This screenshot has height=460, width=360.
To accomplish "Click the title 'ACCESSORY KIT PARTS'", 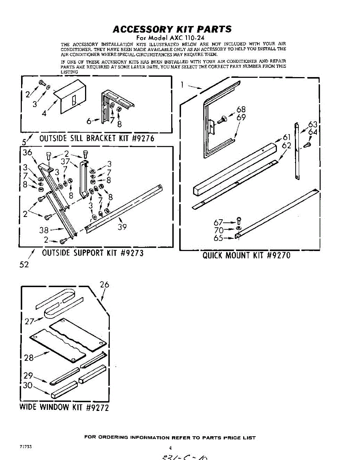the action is (x=172, y=29).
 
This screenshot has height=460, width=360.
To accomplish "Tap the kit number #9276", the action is (x=143, y=138).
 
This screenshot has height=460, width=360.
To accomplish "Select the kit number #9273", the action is (x=132, y=253).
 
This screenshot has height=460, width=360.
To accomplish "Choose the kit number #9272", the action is (x=97, y=407).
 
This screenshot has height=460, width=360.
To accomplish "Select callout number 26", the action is (x=104, y=284).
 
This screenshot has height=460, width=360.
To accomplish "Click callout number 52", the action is (x=24, y=264).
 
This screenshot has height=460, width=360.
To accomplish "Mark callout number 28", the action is (x=29, y=358).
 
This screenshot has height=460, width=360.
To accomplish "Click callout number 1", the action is (x=183, y=84).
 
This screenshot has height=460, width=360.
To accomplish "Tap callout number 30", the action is (x=28, y=385).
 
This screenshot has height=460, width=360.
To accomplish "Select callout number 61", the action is (x=287, y=138).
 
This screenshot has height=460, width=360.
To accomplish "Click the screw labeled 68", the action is (x=222, y=120).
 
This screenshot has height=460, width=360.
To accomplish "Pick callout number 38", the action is (x=44, y=230).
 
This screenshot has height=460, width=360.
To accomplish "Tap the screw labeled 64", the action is (x=308, y=145).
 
